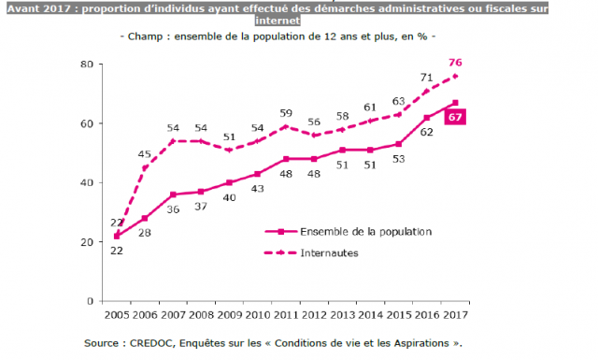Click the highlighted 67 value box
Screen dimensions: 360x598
click(455, 116)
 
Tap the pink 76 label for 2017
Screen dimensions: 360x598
click(455, 63)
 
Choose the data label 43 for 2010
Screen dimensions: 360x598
click(257, 189)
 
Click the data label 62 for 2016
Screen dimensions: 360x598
click(427, 133)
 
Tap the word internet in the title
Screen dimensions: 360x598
click(299, 18)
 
